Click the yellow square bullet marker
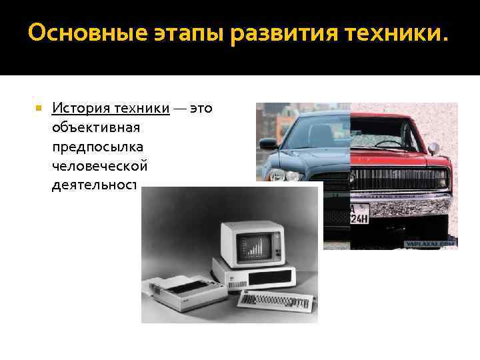tap(39, 107)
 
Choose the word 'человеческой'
tap(98, 164)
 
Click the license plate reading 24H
tap(361, 215)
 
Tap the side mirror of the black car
tap(268, 143)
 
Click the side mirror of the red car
tap(434, 148)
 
